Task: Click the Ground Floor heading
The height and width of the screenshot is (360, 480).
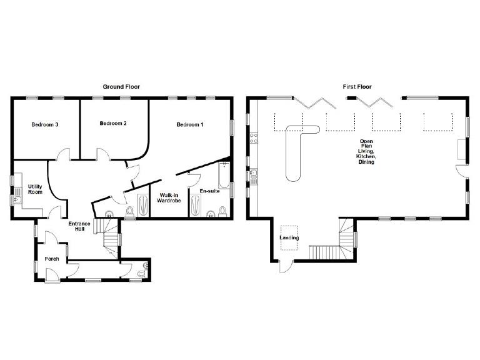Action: click(x=121, y=86)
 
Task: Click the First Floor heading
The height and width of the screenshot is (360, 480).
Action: click(x=357, y=86)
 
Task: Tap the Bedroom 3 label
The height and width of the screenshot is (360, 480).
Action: click(x=45, y=124)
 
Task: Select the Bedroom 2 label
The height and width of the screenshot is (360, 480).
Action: click(x=113, y=124)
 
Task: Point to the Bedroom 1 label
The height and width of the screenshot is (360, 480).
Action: click(x=189, y=124)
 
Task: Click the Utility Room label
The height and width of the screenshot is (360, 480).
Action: click(x=35, y=189)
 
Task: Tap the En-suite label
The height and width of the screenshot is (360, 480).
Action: click(x=209, y=191)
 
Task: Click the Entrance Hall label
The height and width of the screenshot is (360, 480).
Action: click(x=79, y=227)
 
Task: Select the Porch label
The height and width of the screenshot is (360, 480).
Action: click(x=51, y=258)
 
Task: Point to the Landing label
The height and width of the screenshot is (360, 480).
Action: click(x=289, y=238)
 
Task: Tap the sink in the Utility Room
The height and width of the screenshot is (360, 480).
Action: click(x=17, y=199)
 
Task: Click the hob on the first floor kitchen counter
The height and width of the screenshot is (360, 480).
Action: click(x=254, y=138)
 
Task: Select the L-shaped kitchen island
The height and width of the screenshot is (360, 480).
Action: click(x=294, y=150)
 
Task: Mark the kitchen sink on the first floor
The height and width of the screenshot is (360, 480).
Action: click(x=254, y=177)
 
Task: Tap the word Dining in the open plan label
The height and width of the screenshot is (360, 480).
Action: click(x=366, y=162)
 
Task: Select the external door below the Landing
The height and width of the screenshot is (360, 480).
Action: click(x=284, y=268)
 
